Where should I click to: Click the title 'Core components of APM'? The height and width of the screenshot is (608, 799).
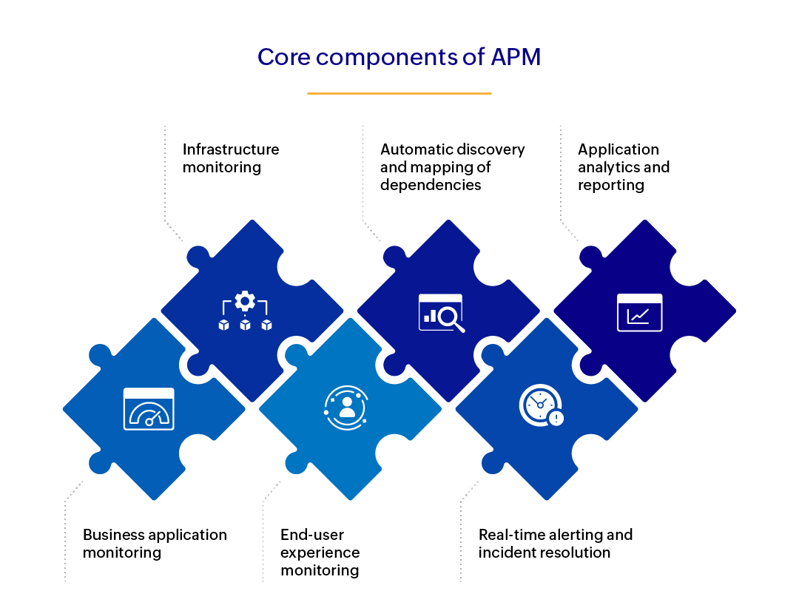point(399,57)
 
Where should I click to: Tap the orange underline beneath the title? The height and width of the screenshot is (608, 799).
point(399,94)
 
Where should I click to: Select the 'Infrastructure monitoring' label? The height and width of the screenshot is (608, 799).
point(231,158)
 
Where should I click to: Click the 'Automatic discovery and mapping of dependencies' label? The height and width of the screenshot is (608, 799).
point(452,167)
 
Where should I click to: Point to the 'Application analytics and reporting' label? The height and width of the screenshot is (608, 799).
point(623,167)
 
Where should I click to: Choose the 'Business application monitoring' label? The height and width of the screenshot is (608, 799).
point(155,544)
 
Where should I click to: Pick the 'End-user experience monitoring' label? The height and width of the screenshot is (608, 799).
point(320,553)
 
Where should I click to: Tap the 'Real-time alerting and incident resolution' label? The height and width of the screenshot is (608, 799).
point(555,544)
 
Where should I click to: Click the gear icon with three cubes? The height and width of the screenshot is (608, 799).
point(245,311)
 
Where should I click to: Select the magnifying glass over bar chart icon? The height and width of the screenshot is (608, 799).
point(442,312)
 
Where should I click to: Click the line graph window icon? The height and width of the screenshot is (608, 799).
point(639,312)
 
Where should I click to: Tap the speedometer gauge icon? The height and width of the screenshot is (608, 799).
point(149,409)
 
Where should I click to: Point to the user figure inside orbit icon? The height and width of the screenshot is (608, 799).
point(346,408)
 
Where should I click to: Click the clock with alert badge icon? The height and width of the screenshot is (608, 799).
point(542,406)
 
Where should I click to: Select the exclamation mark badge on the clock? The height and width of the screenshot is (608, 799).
point(556,419)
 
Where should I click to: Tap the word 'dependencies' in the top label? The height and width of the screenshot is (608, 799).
point(431,185)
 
